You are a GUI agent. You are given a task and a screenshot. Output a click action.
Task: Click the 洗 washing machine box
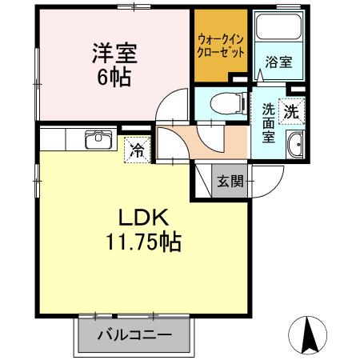(293, 113)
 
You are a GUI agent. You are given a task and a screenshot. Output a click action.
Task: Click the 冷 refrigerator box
(138, 150)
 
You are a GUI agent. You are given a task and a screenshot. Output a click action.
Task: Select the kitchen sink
(98, 140)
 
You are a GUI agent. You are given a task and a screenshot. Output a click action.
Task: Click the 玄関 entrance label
(229, 182)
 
